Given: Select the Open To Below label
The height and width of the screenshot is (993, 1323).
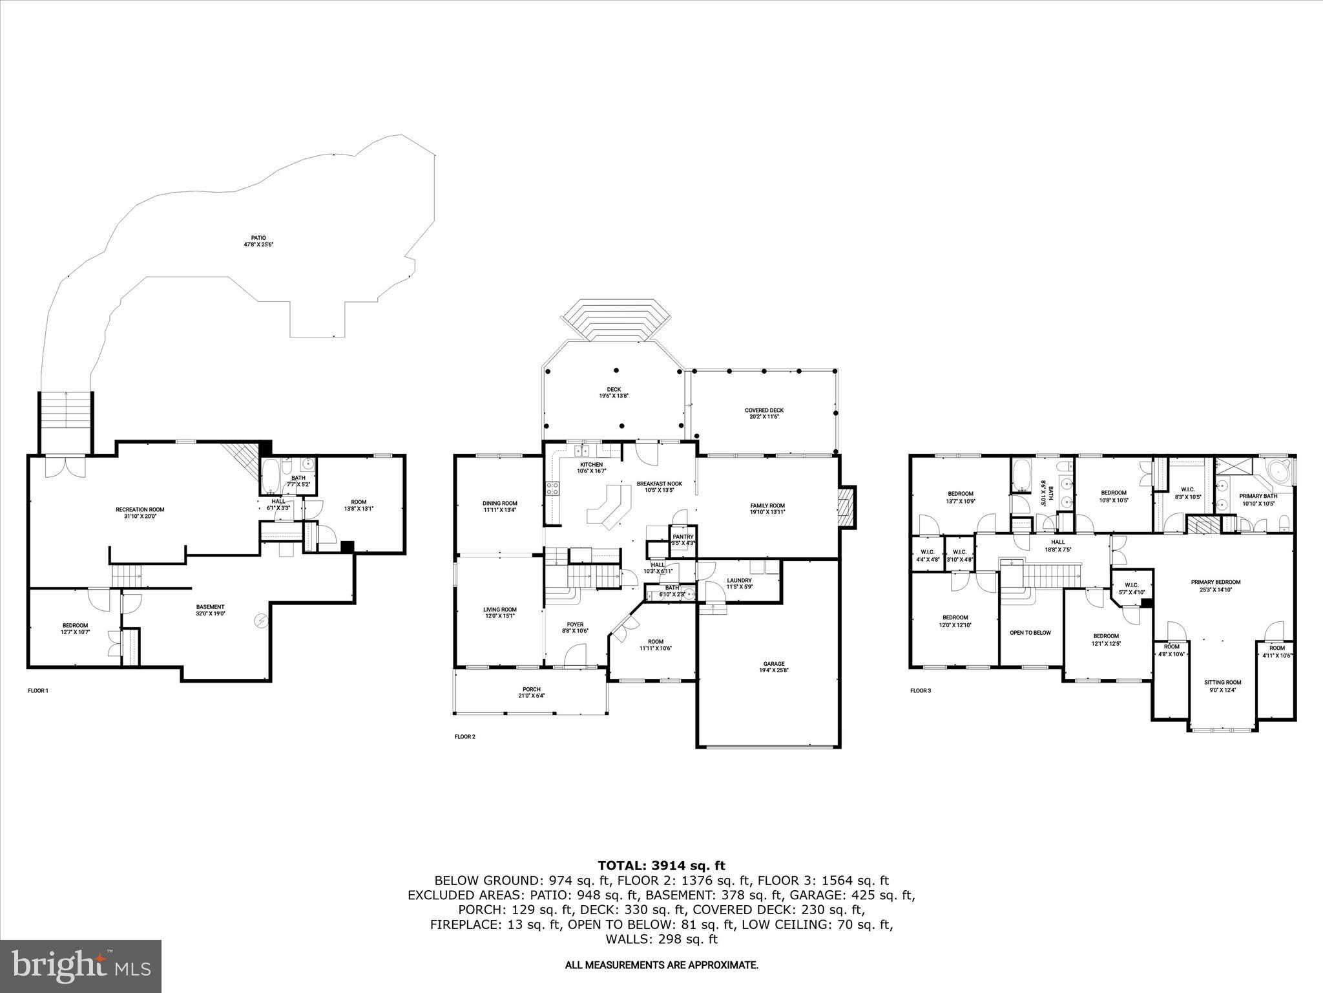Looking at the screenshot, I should click(x=1030, y=632).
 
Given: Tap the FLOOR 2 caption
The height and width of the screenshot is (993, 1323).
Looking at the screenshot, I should click(x=464, y=736).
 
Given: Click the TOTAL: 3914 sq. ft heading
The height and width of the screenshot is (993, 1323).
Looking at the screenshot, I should click(x=661, y=866).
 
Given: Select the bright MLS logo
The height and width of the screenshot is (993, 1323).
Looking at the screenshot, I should click(x=81, y=966).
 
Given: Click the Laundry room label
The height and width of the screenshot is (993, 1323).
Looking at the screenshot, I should click(x=739, y=583).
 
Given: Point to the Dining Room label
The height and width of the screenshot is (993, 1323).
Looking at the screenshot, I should click(x=499, y=506).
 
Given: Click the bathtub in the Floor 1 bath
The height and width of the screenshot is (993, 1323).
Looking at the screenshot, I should click(x=270, y=477).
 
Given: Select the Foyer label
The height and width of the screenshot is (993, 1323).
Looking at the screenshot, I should click(x=575, y=628).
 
